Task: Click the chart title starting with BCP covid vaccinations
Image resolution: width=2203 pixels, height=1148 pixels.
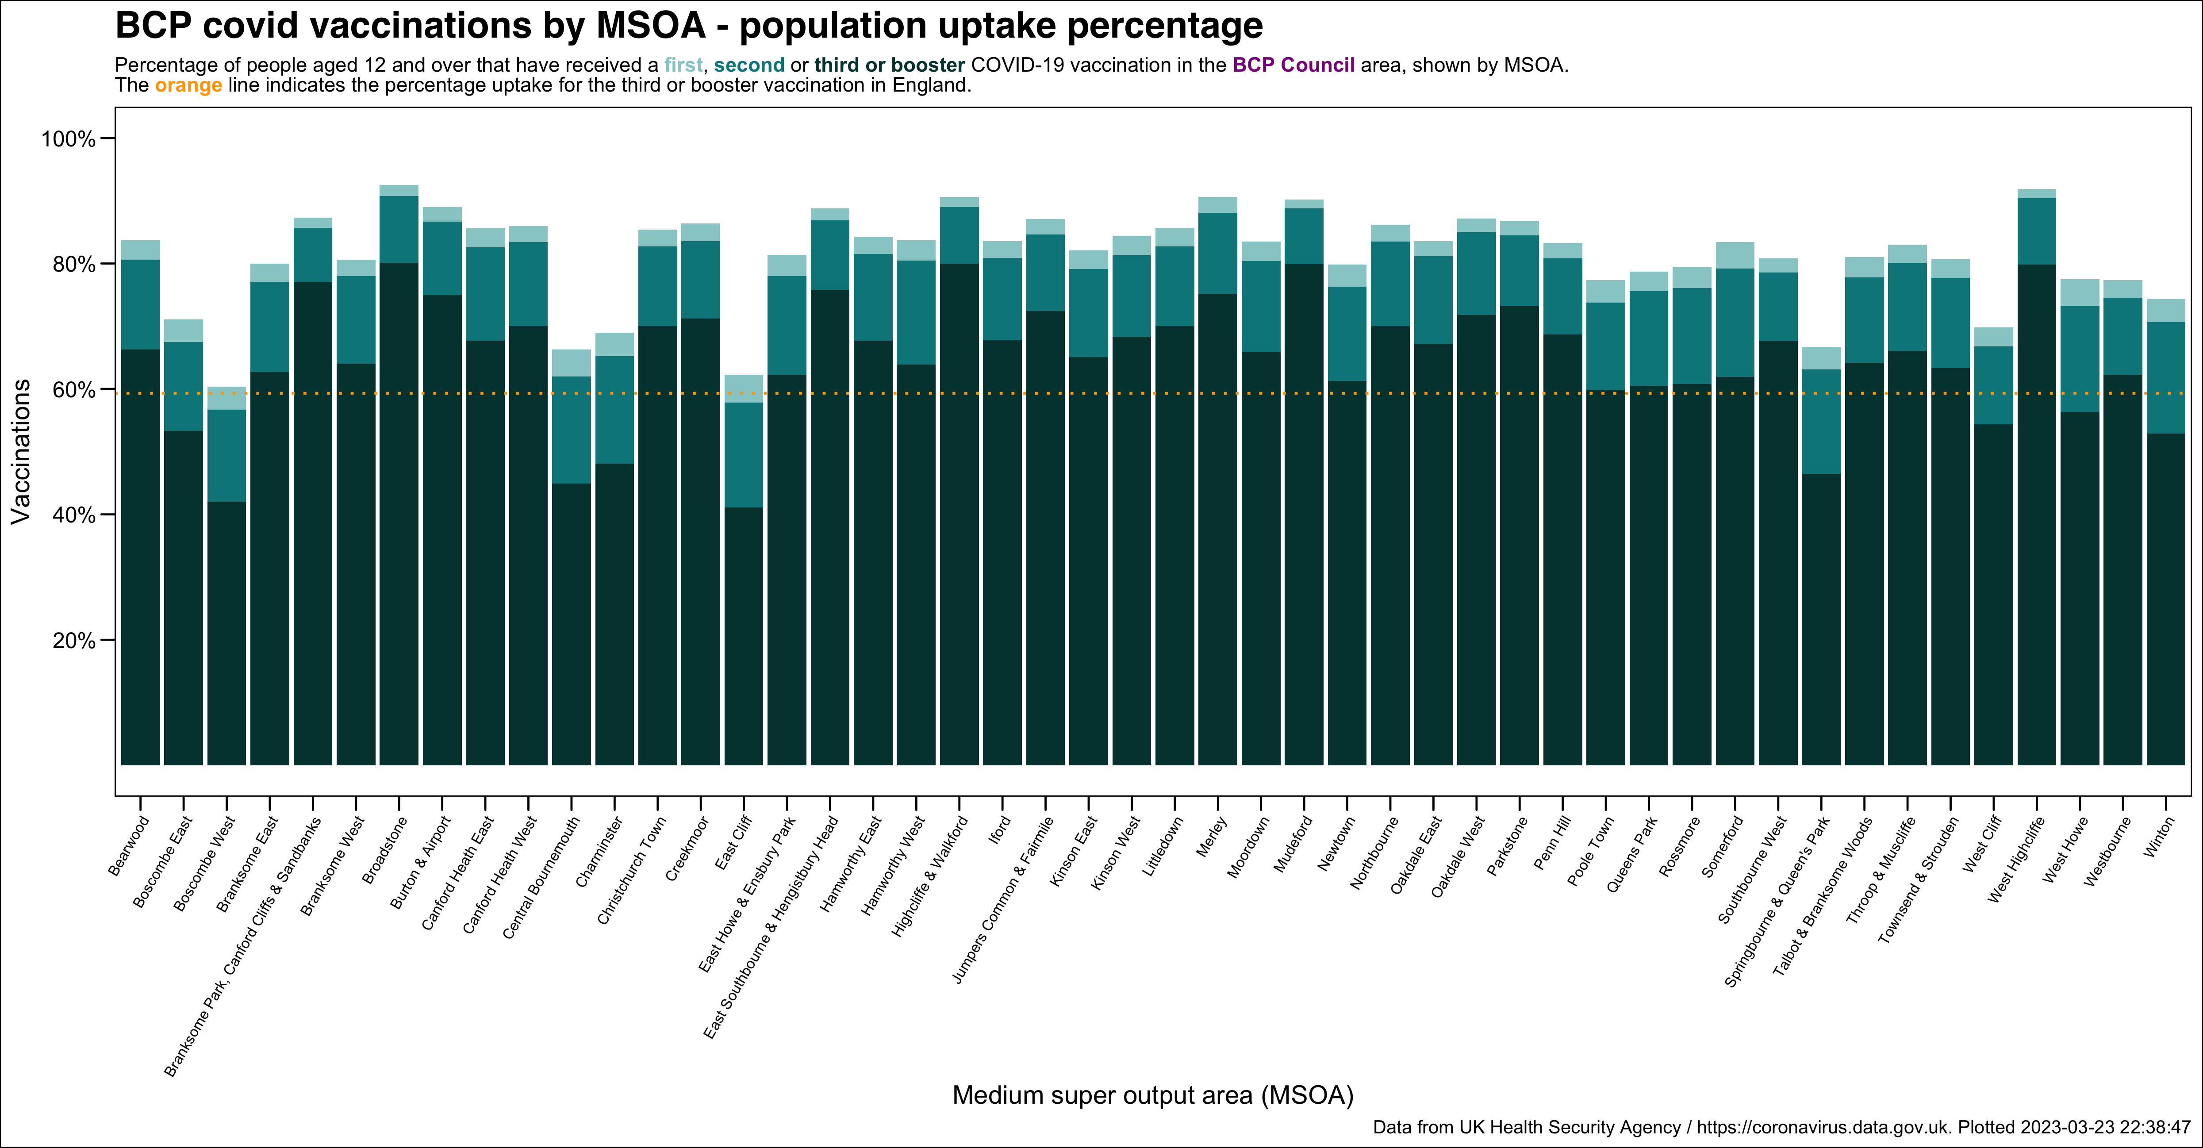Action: click(x=688, y=26)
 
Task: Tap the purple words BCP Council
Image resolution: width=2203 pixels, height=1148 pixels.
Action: click(x=1293, y=65)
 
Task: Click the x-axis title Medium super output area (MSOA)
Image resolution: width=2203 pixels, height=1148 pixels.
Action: click(x=1152, y=1095)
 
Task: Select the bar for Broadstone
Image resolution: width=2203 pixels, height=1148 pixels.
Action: click(x=399, y=513)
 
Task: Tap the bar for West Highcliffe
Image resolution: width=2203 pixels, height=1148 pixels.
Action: click(x=2036, y=513)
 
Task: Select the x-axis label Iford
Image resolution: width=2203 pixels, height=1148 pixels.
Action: click(x=999, y=830)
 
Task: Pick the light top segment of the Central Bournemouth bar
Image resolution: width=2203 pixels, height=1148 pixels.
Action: click(x=571, y=363)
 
